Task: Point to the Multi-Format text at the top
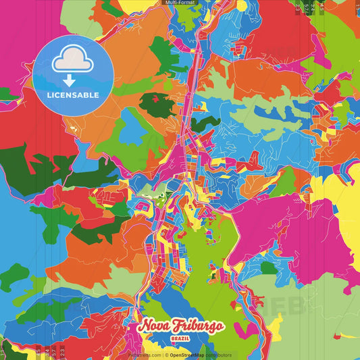[x=180, y=3]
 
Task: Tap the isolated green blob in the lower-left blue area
[x=14, y=277]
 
